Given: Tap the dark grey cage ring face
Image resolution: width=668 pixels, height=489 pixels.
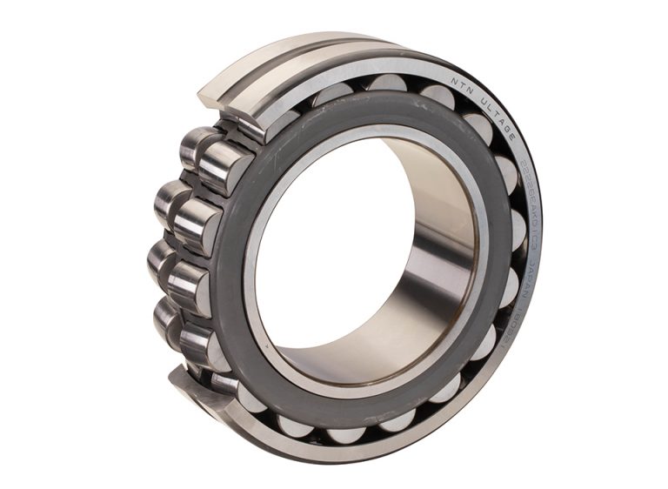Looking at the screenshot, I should [x=235, y=261].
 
